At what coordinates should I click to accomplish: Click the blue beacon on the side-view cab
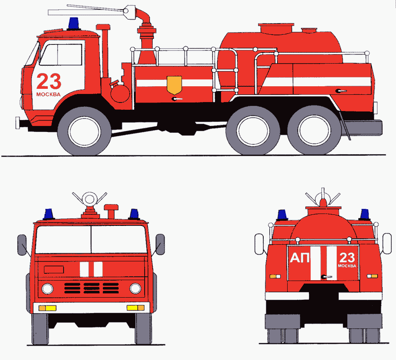coord(73,23)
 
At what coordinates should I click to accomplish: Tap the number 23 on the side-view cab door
coord(49,82)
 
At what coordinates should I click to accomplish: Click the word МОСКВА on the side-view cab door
coord(49,94)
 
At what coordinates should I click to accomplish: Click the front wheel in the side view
coord(84,131)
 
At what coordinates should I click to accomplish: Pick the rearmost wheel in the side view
coord(314,130)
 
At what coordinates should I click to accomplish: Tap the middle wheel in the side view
coord(253,130)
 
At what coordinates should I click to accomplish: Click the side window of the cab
coord(61,55)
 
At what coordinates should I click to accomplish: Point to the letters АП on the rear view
coord(300,258)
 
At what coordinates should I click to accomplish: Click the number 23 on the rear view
coord(347,258)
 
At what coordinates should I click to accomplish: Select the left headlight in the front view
coord(47,288)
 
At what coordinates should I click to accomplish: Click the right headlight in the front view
coord(135,288)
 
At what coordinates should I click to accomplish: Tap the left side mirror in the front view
coord(22,245)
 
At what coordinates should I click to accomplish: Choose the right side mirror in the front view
coord(160,244)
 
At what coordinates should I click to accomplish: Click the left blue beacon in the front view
coord(49,214)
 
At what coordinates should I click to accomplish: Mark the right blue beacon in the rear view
coord(364,215)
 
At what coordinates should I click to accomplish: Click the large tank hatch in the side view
coord(276,29)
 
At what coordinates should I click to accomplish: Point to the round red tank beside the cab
coord(120,93)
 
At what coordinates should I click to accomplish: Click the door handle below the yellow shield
coord(177,99)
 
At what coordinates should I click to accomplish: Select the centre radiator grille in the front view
coord(91,288)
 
